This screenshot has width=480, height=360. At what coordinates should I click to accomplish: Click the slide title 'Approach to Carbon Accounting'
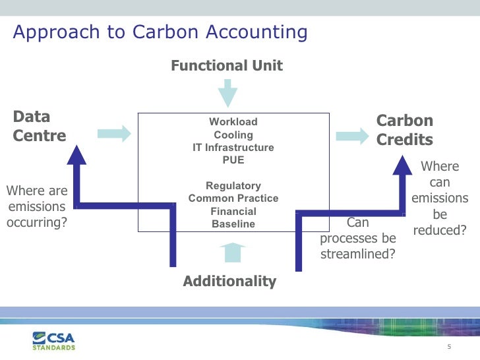pos(160,32)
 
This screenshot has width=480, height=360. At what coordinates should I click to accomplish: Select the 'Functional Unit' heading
pos(227,65)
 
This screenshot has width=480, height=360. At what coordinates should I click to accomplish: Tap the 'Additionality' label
pos(229,282)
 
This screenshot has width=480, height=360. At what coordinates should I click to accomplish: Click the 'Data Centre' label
pos(40,127)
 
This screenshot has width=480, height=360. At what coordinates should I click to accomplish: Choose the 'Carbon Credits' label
pos(404,130)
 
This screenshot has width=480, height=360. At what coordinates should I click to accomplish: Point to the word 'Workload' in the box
pos(233,122)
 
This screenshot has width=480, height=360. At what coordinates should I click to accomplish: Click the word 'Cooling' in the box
pos(233,135)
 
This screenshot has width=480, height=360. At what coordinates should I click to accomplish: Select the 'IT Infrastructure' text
pos(233,148)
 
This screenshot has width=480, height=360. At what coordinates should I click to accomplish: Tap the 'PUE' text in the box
pos(233,160)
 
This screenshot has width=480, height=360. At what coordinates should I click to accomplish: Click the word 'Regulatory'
pos(233,186)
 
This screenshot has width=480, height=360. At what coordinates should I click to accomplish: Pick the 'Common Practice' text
pos(233,198)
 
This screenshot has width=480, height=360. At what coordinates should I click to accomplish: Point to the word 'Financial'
pos(233,212)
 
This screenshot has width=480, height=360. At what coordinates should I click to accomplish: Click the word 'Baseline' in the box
pos(233,224)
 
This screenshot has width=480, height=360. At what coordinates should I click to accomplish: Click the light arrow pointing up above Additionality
pos(231,253)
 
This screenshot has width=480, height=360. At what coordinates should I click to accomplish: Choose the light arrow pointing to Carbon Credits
pos(351,135)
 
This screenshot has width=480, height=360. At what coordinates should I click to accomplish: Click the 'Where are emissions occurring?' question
pos(37,206)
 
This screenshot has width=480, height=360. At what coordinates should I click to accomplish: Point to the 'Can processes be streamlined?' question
pos(357,238)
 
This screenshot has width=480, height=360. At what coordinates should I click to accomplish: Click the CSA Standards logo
pos(54,341)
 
